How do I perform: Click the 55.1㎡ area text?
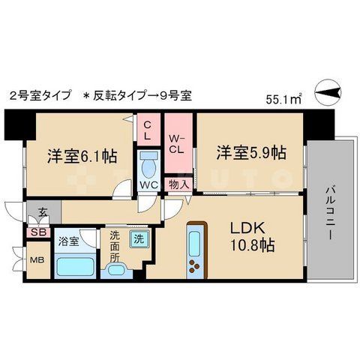point(283,97)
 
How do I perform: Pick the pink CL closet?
point(148,130)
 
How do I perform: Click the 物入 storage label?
point(178,184)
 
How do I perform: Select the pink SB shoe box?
point(35,232)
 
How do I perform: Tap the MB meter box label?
point(36,262)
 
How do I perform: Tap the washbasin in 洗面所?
point(116,268)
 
